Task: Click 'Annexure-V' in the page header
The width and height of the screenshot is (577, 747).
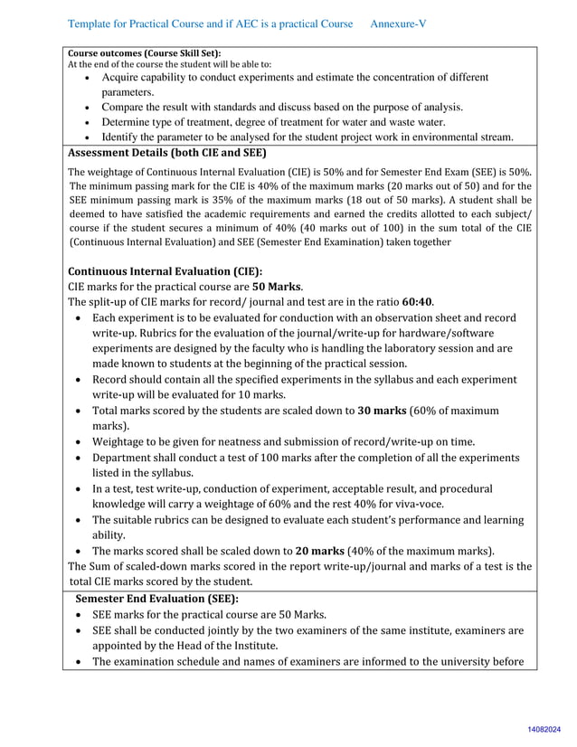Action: (x=398, y=23)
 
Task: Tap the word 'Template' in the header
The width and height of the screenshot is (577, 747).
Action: (x=92, y=23)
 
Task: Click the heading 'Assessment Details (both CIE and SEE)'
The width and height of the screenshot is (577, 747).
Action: (x=167, y=153)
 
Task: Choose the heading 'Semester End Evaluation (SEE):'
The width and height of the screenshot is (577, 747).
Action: (x=156, y=598)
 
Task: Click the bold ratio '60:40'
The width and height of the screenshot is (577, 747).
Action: (x=418, y=301)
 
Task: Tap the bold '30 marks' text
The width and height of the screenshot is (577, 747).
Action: (x=382, y=410)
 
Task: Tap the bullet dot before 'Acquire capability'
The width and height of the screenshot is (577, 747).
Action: (x=85, y=78)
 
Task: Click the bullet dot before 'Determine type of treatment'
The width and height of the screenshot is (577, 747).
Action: (x=85, y=122)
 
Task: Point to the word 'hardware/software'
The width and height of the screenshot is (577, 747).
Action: (x=465, y=333)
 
